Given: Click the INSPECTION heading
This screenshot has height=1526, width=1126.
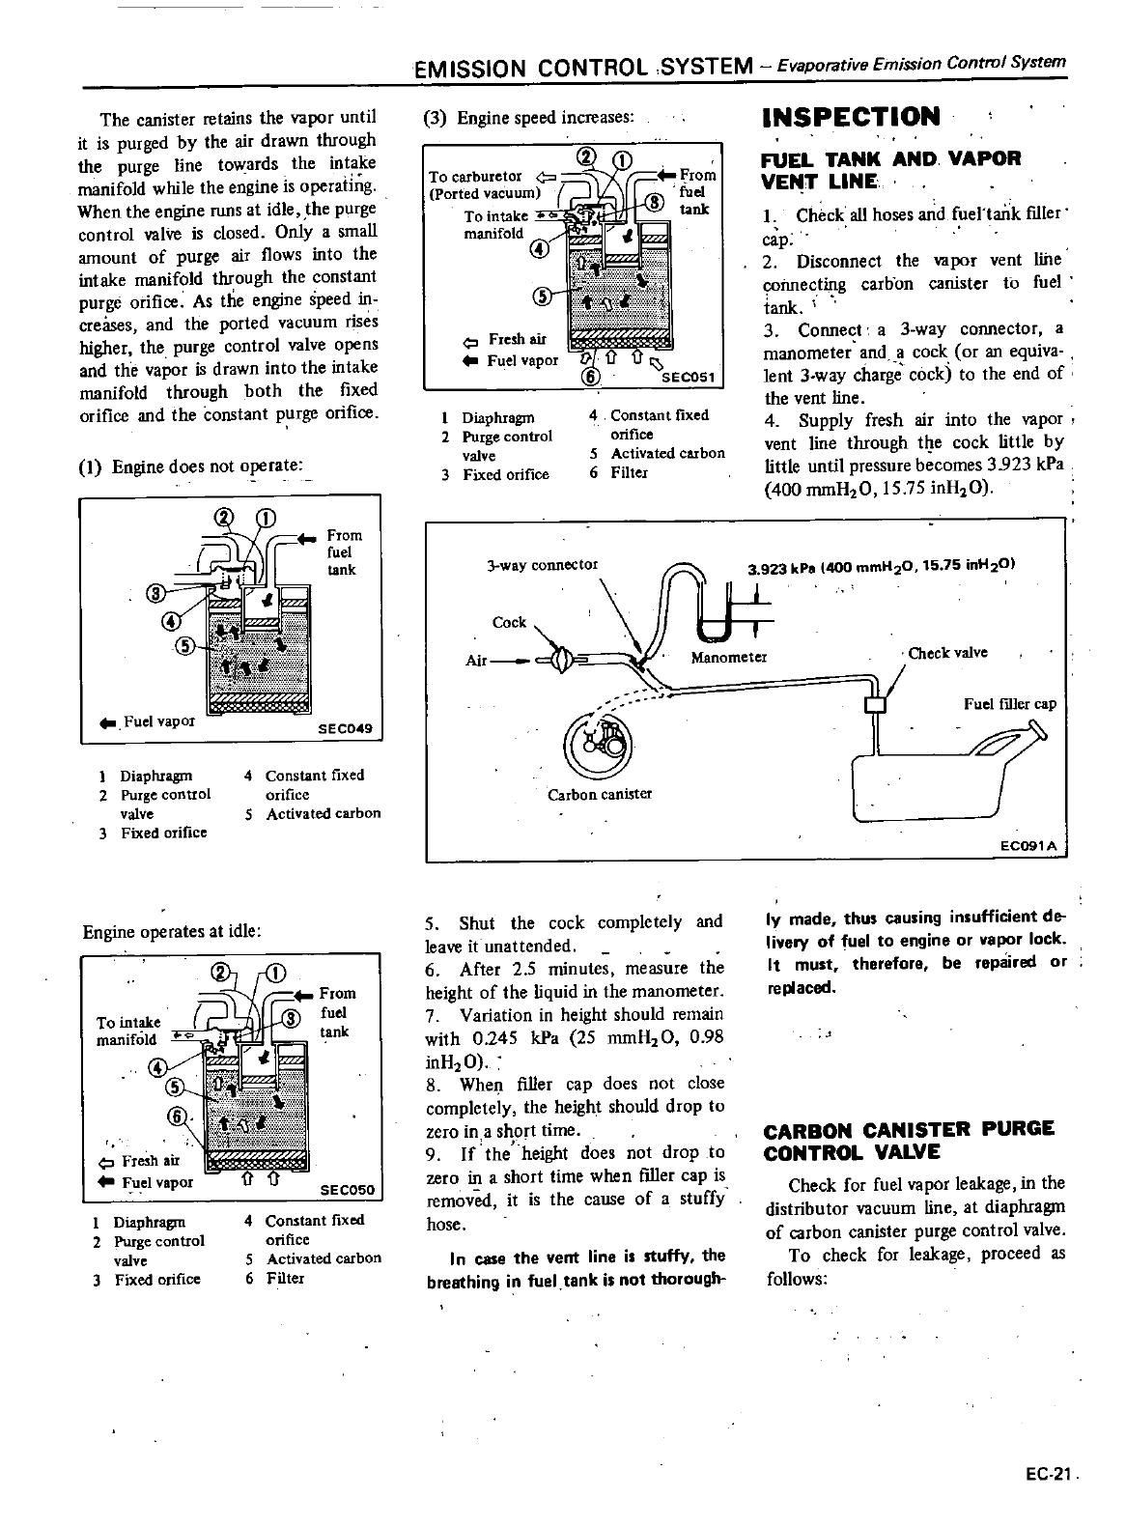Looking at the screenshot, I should point(850,118).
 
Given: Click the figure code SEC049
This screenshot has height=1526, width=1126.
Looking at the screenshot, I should point(345,729).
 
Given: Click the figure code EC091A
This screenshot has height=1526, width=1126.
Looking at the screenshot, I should point(1029,847).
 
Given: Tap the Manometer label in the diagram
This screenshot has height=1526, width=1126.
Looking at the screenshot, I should point(729,658).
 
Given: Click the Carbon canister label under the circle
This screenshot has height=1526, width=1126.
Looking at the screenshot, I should point(600,794).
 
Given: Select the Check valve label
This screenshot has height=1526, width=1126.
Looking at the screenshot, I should point(947,653).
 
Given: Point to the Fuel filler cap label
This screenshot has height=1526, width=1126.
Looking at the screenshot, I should point(1010,703).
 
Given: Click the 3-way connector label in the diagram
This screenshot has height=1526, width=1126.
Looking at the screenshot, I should point(542,564).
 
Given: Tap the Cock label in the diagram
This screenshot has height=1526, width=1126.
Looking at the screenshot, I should point(509,622).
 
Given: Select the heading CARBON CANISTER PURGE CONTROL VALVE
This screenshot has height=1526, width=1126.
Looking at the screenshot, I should point(909,1141).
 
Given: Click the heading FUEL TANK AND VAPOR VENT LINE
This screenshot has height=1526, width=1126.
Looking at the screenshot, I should point(889,169).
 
